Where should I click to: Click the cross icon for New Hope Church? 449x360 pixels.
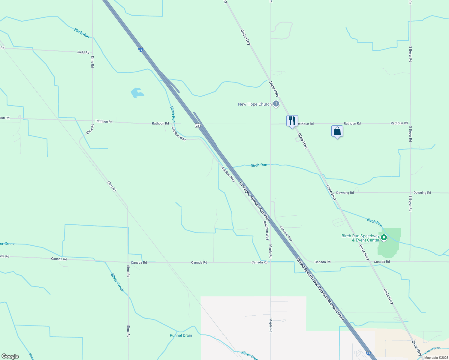click(276, 104)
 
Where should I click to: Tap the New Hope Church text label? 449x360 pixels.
click(255, 104)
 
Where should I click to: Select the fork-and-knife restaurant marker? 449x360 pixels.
click(292, 121)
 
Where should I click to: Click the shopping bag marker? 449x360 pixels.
click(337, 131)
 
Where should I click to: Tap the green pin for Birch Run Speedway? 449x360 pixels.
click(384, 238)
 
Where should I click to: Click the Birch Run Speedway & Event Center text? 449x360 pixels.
click(360, 238)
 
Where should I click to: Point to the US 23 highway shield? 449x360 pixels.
click(197, 125)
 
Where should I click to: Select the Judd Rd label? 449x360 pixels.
click(83, 52)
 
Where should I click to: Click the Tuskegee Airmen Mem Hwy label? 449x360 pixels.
click(254, 201)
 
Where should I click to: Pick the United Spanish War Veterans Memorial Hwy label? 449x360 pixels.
click(320, 289)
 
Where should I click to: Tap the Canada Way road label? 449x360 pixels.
click(286, 234)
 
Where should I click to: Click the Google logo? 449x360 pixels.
click(10, 356)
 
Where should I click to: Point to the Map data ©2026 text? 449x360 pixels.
click(436, 357)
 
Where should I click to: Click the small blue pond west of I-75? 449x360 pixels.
click(137, 93)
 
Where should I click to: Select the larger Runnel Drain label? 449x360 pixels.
click(181, 335)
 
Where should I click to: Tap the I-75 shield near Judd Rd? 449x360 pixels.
click(140, 49)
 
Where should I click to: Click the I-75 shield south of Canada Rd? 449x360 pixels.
click(368, 353)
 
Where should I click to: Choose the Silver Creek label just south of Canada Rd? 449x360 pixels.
click(117, 282)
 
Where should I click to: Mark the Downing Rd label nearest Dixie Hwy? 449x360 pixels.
click(345, 193)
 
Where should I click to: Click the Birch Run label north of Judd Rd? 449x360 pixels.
click(82, 33)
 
